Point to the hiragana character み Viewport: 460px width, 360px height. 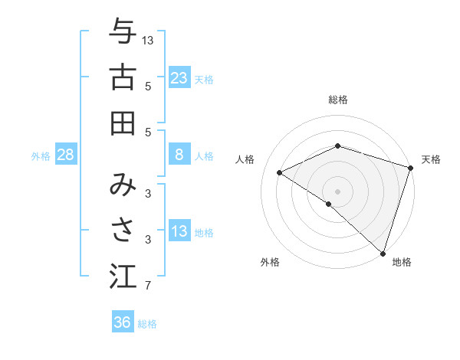(x=122, y=186)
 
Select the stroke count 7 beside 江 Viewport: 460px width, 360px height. (x=148, y=286)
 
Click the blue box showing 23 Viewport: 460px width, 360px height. (x=179, y=78)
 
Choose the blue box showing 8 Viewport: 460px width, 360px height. (x=179, y=155)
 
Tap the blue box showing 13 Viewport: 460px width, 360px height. (x=179, y=231)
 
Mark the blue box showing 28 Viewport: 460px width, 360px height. (x=66, y=155)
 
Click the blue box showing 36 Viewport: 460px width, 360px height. (x=122, y=322)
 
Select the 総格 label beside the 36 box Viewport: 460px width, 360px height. (x=147, y=324)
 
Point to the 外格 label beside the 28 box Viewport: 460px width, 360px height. (x=41, y=156)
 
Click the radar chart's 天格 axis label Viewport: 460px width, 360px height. (x=431, y=159)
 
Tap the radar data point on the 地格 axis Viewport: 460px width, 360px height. (x=383, y=252)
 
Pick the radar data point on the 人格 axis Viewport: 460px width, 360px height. (x=280, y=172)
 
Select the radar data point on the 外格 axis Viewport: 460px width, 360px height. (x=329, y=205)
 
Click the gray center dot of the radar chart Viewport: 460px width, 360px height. (x=337, y=191)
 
